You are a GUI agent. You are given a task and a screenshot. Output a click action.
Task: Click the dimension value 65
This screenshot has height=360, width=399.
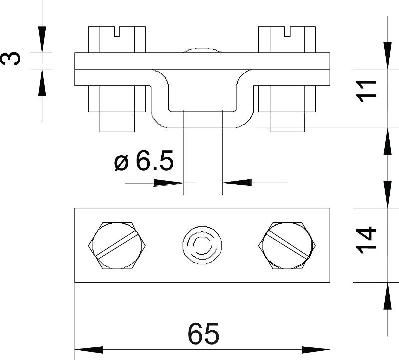(203, 333)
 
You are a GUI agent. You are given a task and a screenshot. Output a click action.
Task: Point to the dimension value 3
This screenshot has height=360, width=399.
(10, 58)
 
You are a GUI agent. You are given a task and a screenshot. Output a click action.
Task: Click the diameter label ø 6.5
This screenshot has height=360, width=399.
(144, 160)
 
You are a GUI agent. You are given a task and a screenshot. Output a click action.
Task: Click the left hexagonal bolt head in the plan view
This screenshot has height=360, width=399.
(117, 245)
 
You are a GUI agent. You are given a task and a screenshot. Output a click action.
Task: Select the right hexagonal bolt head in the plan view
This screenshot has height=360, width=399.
(287, 245)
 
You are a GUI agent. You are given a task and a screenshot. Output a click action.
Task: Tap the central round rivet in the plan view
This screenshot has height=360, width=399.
(202, 245)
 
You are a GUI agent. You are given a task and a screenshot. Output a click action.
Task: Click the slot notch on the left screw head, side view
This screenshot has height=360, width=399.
(117, 31)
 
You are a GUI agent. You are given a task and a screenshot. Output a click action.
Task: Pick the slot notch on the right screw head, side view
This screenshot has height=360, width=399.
(287, 31)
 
